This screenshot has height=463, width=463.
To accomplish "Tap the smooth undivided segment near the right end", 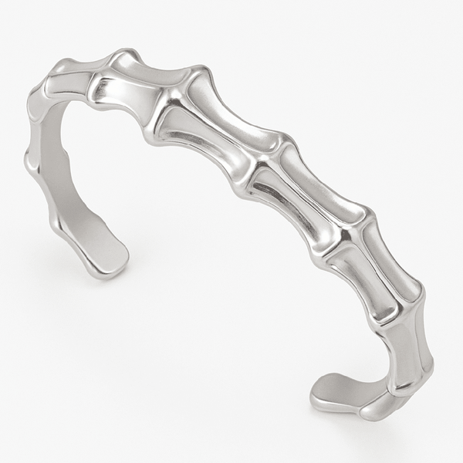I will (x=401, y=347).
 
